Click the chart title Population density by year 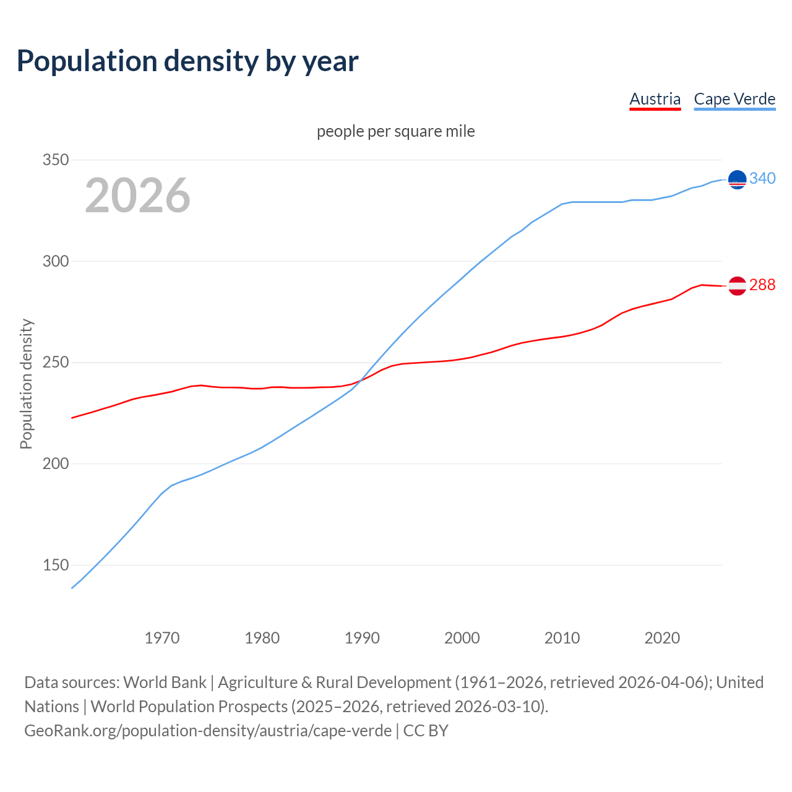coord(187,61)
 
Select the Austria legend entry coord(655,99)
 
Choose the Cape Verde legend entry coord(734,99)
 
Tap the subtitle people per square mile coord(396,131)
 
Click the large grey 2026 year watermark coord(137,196)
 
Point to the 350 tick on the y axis coord(55,160)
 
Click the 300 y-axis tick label coord(55,261)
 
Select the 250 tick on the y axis coord(55,362)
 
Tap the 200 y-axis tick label coord(55,463)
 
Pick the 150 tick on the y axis coord(55,565)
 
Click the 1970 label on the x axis coord(162,638)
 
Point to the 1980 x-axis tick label coord(262,638)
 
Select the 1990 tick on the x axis coord(362,638)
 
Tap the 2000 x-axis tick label coord(462,638)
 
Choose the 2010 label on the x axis coord(562,638)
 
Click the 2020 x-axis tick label coord(662,638)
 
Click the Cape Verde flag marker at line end coord(737,179)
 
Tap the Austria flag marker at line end coord(737,286)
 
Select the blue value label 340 coord(762,178)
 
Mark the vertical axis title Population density coord(26,384)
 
